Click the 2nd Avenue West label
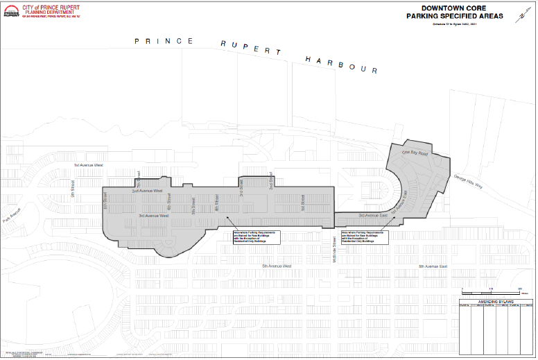pyautogui.click(x=147, y=190)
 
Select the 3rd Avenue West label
pyautogui.click(x=153, y=216)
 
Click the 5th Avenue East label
pyautogui.click(x=435, y=266)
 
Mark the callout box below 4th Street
pyautogui.click(x=255, y=236)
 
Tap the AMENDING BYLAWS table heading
pyautogui.click(x=495, y=302)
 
